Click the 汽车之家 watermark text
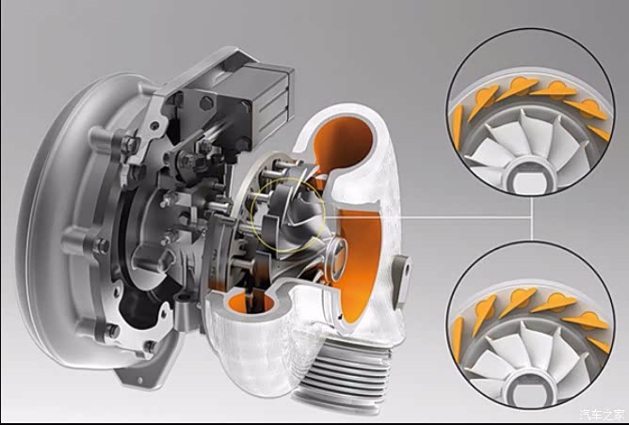602,414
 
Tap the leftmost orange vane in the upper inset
457,127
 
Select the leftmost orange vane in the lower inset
457,339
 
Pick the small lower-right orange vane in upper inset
599,133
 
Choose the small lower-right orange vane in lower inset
599,345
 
